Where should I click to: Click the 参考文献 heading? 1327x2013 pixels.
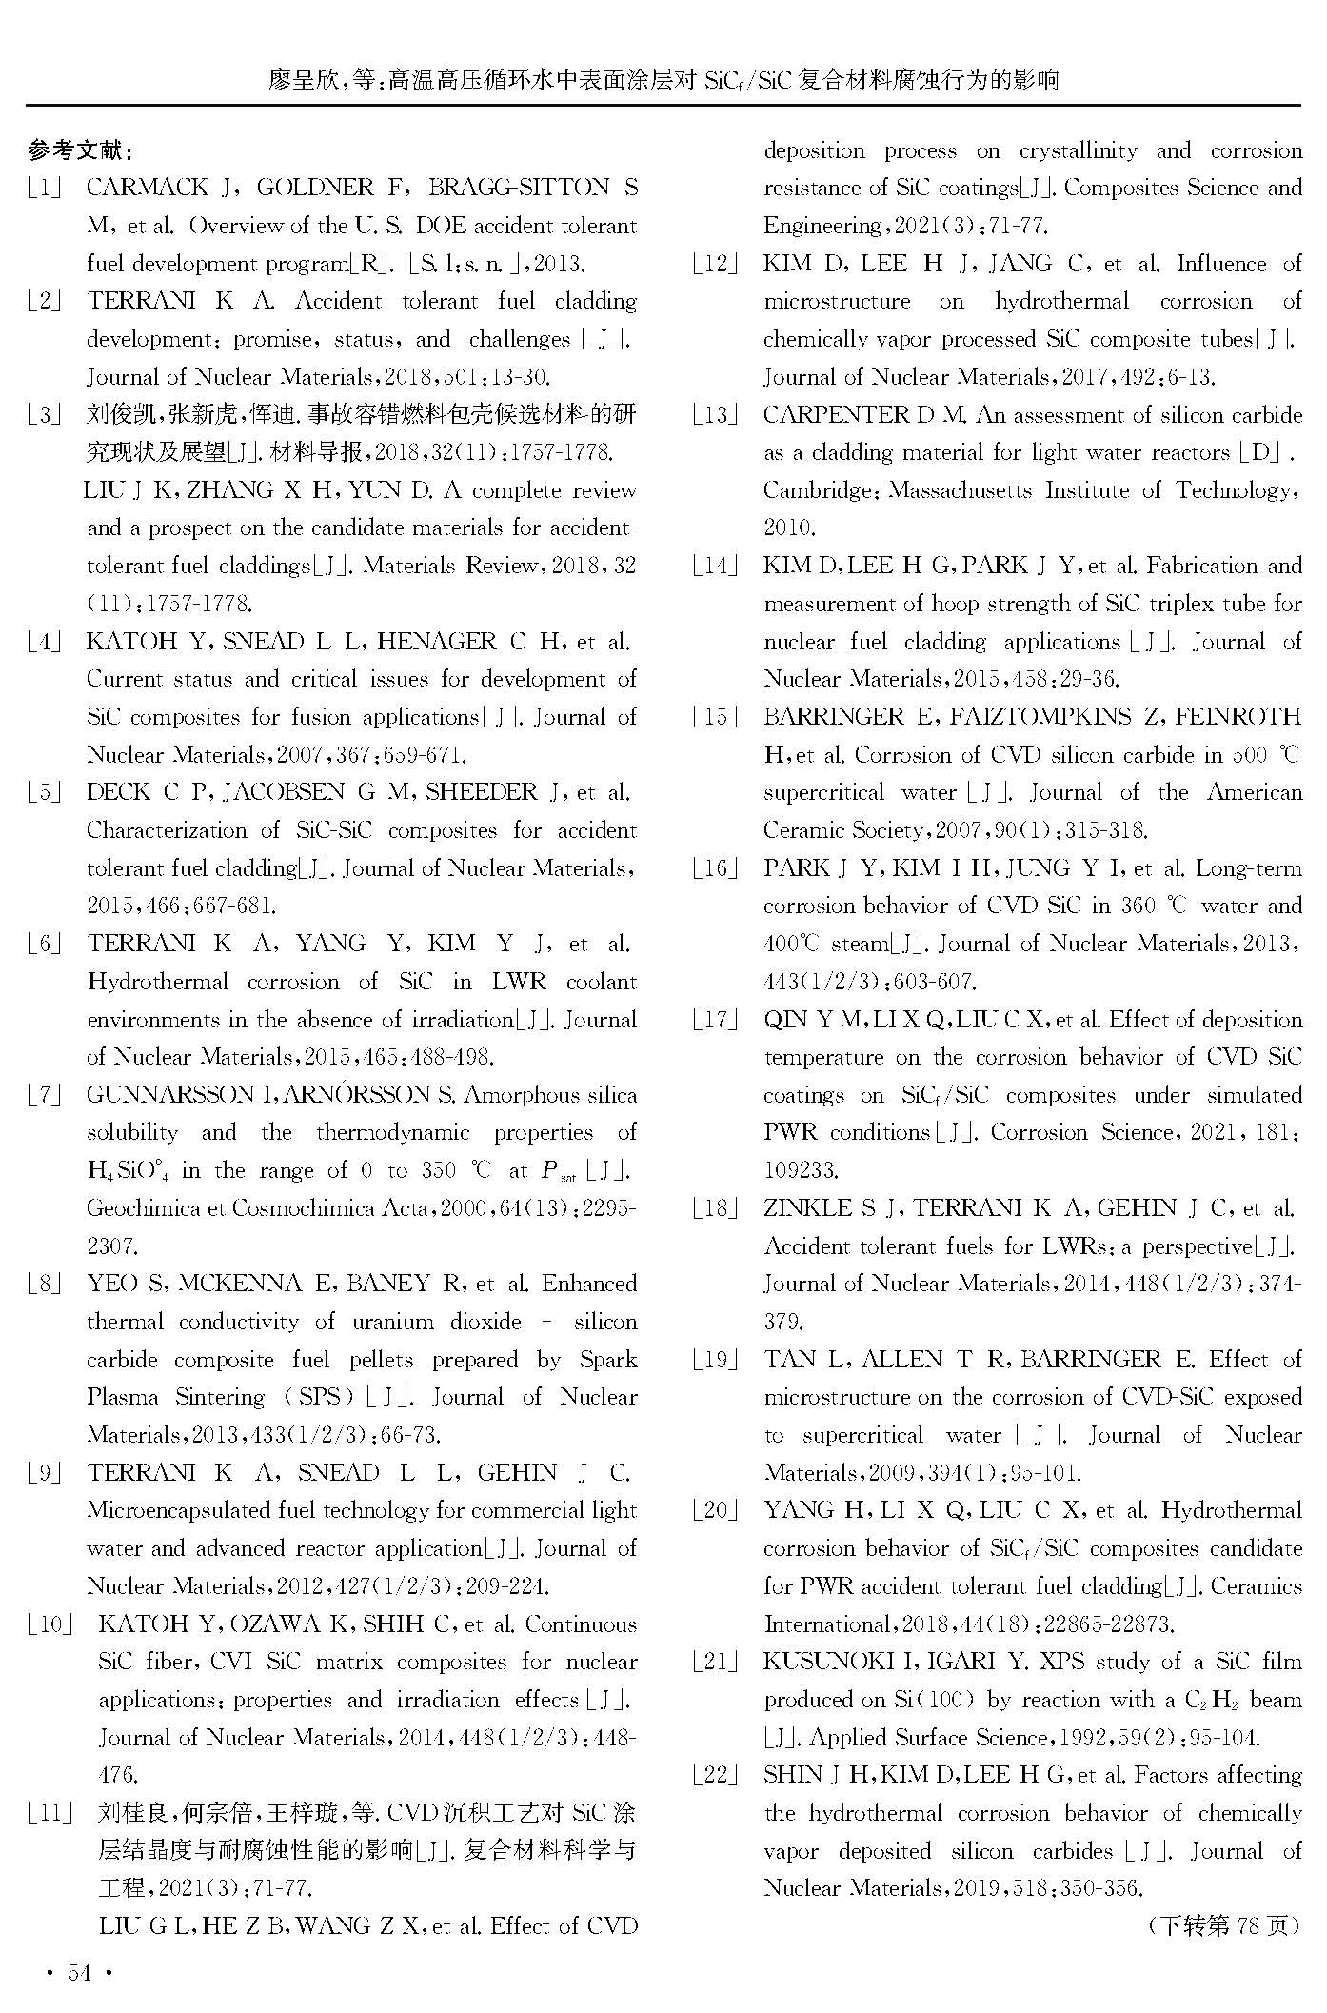(x=80, y=149)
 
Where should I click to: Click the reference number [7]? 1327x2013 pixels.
(x=45, y=1095)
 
